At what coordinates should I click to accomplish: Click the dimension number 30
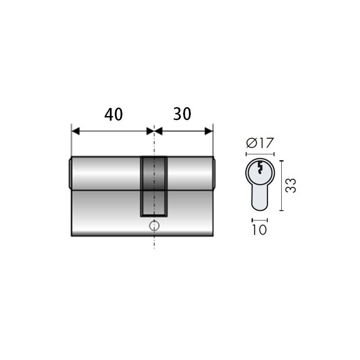tap(182, 114)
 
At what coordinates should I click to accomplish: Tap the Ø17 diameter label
tap(260, 144)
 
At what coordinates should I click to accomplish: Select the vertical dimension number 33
tap(291, 185)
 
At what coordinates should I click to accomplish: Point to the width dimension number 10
tap(260, 230)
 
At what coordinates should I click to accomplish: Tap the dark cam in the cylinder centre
tap(154, 184)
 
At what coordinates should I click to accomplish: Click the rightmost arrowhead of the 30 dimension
tap(209, 131)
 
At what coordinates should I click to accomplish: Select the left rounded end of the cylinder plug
tap(70, 173)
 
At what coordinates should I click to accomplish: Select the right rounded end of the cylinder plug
tap(213, 173)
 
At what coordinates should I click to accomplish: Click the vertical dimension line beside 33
tap(282, 185)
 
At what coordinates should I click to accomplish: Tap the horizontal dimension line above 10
tap(260, 220)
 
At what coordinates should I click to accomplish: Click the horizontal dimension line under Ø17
tap(260, 154)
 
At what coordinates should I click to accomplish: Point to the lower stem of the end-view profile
tap(260, 198)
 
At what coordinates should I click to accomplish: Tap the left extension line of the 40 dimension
tap(72, 142)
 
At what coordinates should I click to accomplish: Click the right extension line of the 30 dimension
tap(213, 142)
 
